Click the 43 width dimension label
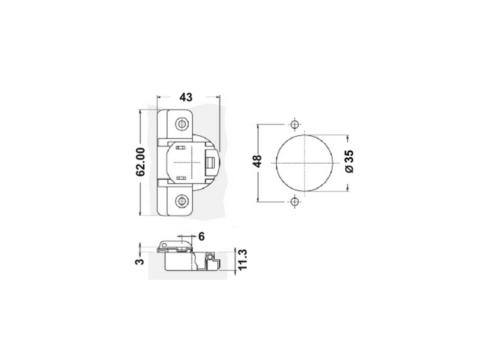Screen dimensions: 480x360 (x=186, y=97)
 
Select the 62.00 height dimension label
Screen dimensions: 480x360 (x=140, y=162)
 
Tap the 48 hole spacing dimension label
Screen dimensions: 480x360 (x=257, y=161)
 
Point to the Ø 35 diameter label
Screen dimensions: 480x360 (x=349, y=161)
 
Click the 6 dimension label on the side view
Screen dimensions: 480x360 (x=202, y=236)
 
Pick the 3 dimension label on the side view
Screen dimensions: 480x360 (x=140, y=262)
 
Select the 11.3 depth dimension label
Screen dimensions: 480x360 (x=242, y=260)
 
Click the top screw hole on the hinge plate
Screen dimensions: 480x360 (x=182, y=124)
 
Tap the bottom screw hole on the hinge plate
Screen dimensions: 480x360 (x=182, y=201)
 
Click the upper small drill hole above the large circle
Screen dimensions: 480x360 (x=295, y=125)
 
